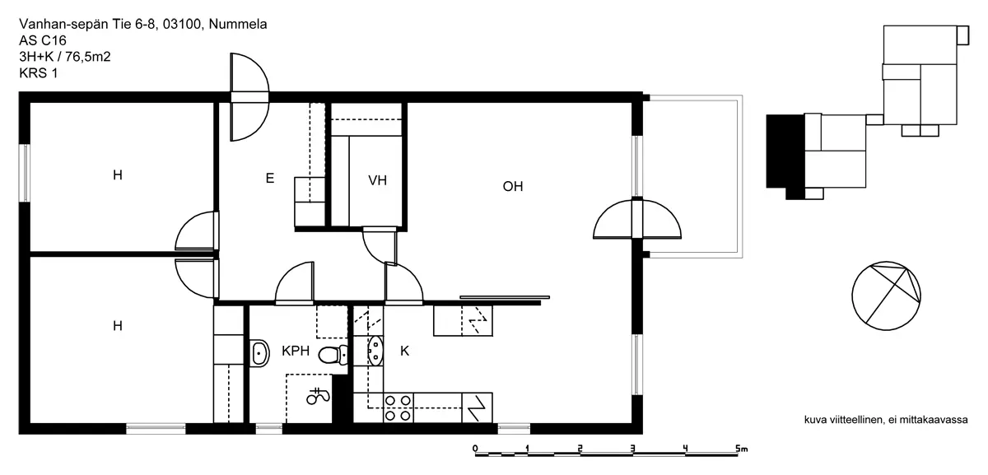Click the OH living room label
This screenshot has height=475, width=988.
click(513, 187)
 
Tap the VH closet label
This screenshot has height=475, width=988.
click(378, 180)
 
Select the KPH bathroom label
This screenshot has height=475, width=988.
click(296, 351)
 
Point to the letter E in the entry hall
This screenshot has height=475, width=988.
click(270, 178)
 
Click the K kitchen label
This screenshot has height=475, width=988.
click(404, 351)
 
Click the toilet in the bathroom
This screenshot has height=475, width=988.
click(333, 355)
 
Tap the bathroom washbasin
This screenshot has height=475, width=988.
click(260, 353)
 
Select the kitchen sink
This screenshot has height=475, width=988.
click(375, 351)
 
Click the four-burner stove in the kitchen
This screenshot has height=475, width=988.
click(398, 408)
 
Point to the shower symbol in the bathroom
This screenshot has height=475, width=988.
click(318, 397)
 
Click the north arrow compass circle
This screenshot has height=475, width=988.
click(886, 296)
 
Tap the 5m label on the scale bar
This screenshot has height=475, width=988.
click(742, 449)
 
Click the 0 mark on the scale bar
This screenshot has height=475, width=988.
click(475, 449)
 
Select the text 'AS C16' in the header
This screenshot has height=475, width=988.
click(43, 40)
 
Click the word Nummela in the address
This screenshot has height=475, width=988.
click(238, 24)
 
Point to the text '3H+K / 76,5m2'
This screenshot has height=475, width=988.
click(65, 57)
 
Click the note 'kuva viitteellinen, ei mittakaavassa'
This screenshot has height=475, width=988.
click(886, 420)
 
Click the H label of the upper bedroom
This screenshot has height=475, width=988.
click(117, 175)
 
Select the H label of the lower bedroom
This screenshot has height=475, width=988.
click(117, 326)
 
